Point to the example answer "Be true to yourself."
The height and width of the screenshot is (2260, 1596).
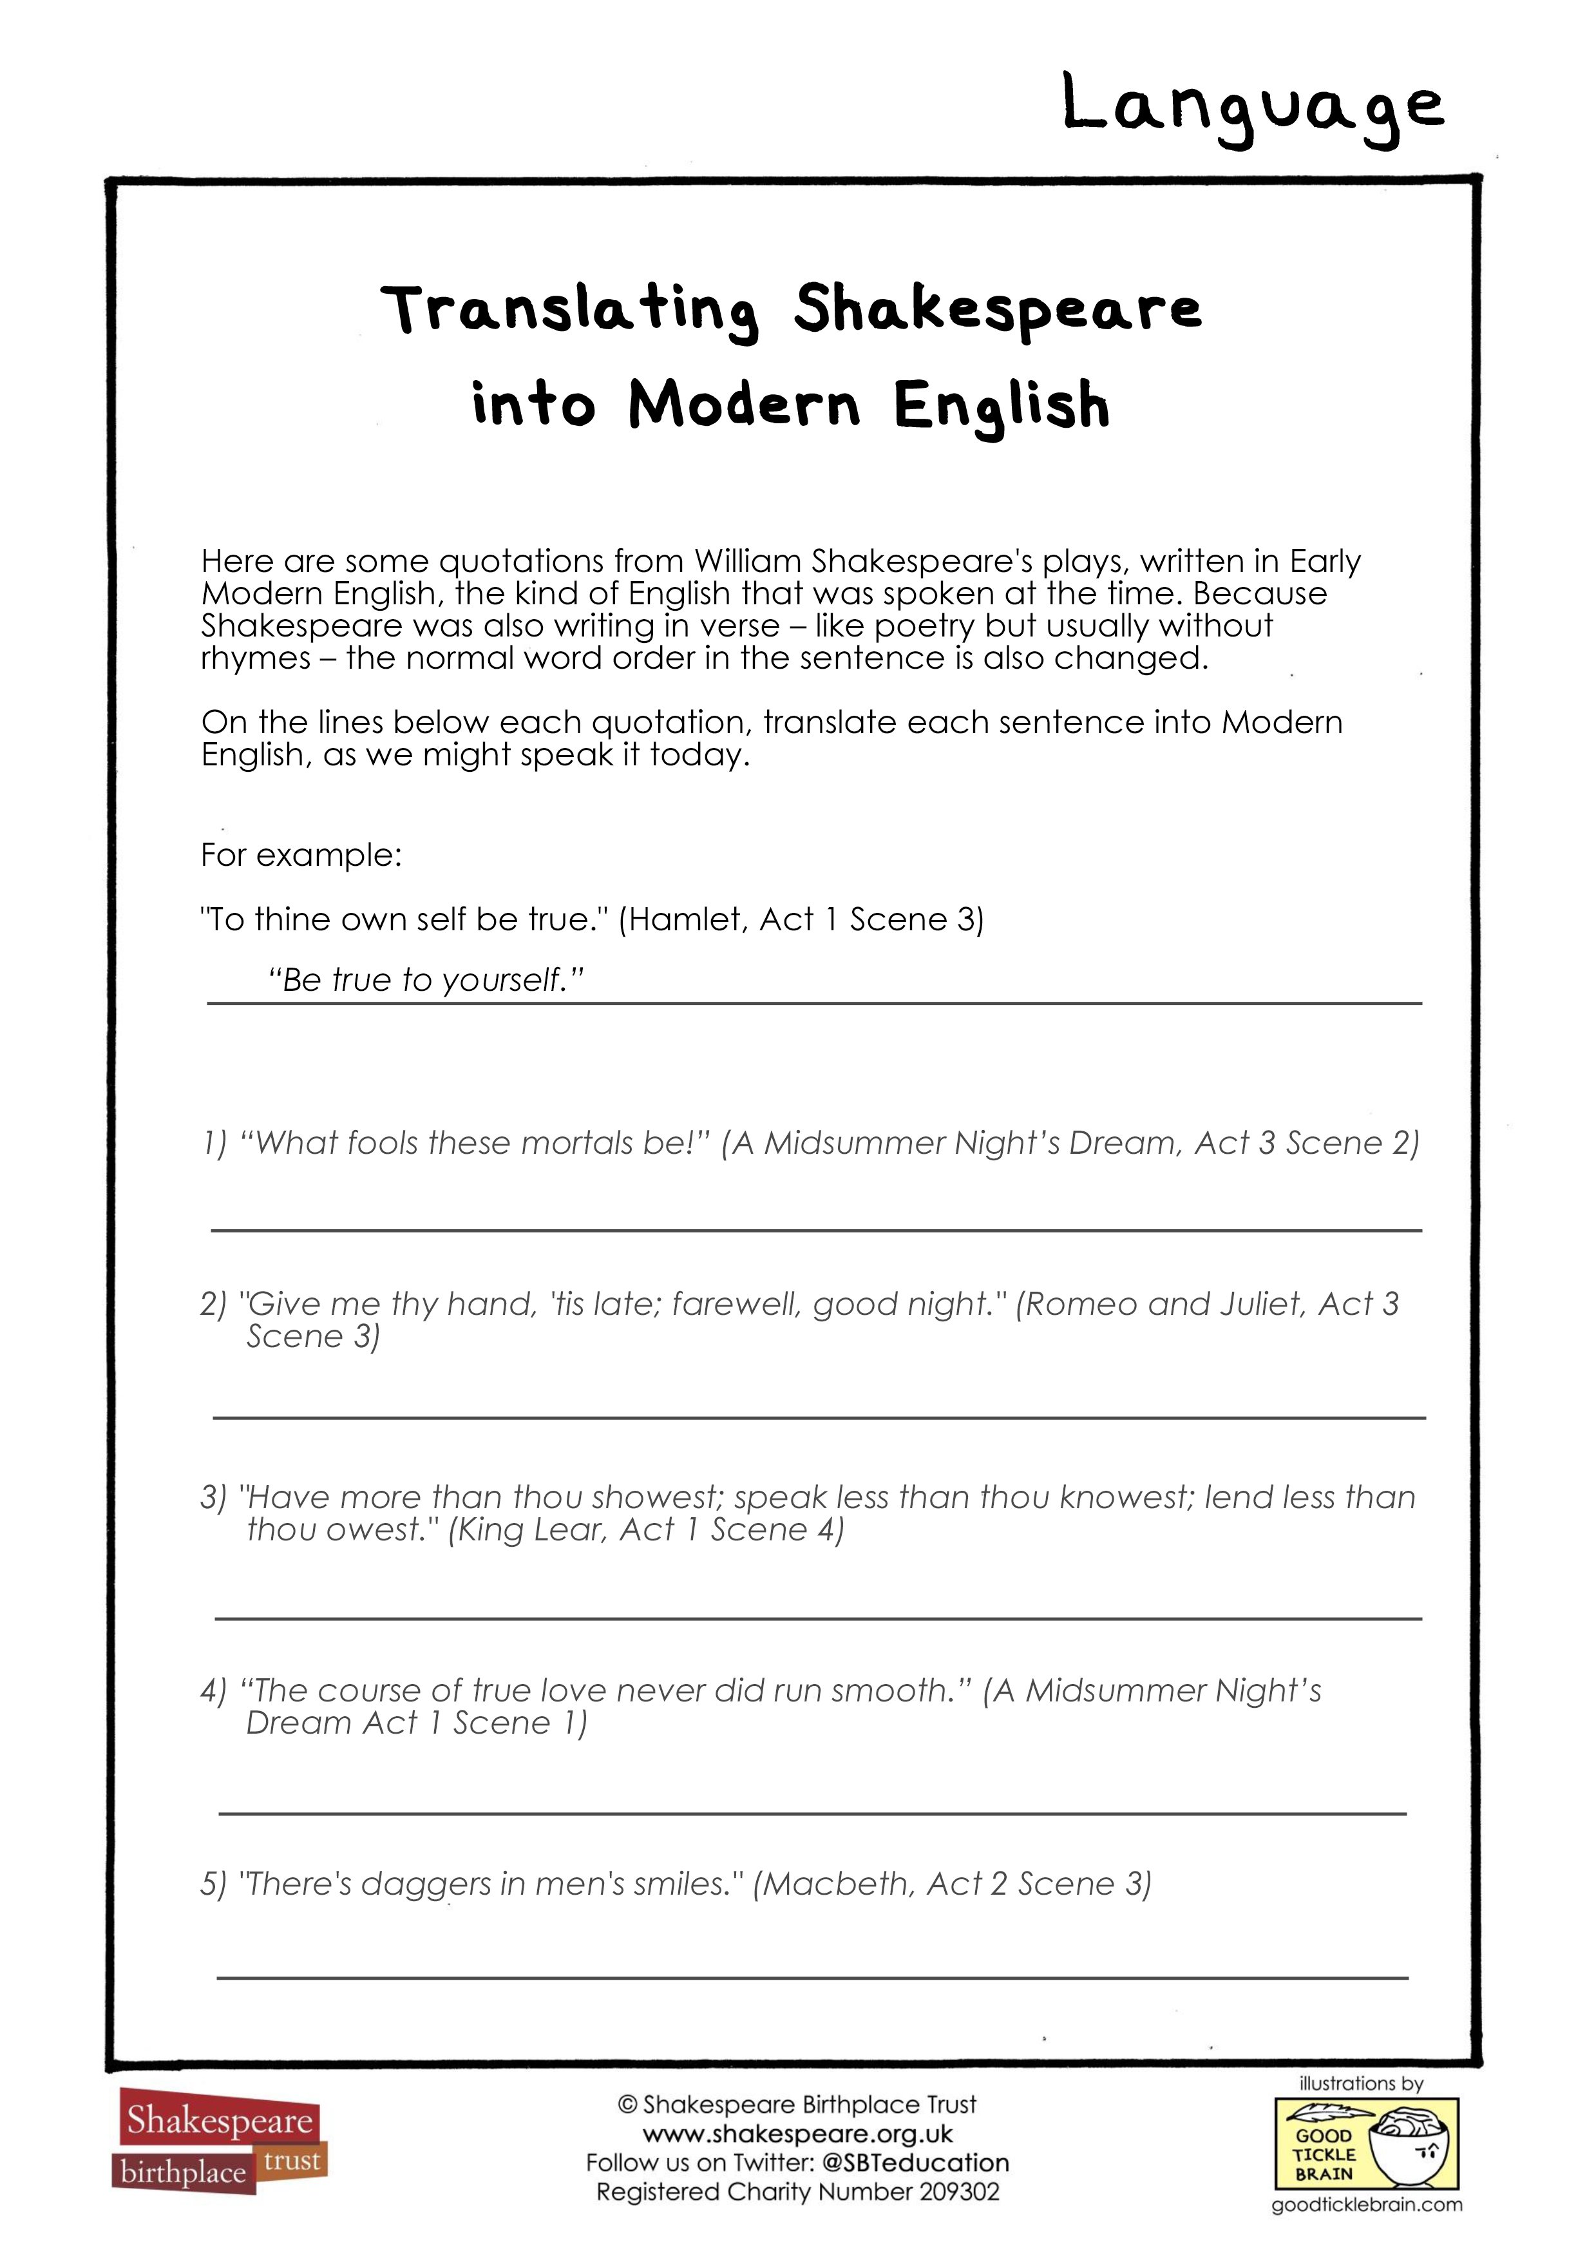point(426,981)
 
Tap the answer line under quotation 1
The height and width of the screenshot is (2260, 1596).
point(817,1229)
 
